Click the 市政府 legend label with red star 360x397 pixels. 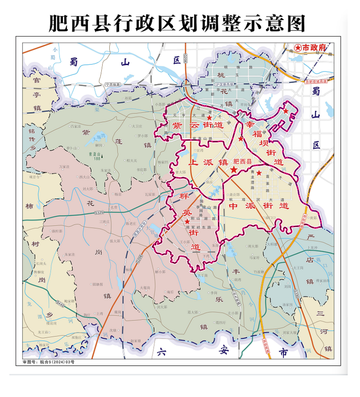click(310, 48)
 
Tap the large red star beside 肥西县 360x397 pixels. click(234, 169)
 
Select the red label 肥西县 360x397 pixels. click(243, 162)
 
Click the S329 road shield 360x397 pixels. click(99, 212)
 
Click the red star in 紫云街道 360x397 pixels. click(209, 118)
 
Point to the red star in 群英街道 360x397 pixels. click(187, 221)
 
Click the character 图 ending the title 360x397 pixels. click(297, 23)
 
